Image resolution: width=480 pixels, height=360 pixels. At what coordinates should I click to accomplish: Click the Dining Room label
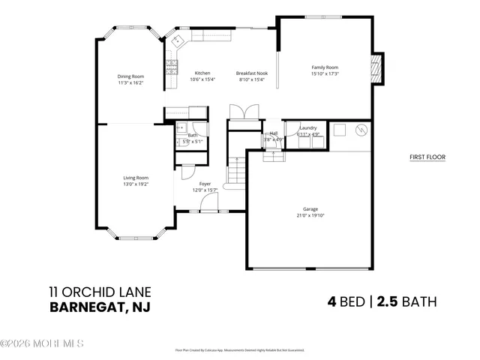[x=130, y=76]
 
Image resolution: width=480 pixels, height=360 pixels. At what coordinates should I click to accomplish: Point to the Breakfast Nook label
[x=251, y=73]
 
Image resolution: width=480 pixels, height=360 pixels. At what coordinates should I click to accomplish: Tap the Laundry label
[x=307, y=128]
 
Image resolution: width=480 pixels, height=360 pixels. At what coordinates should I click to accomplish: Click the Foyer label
[x=205, y=184]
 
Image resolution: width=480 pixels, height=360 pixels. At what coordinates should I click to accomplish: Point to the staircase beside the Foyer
[x=237, y=172]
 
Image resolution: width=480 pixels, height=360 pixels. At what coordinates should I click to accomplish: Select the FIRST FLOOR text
[x=427, y=157]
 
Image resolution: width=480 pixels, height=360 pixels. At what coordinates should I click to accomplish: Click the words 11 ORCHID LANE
[x=100, y=292]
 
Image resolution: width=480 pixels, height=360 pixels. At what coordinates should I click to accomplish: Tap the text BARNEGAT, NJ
[x=98, y=307]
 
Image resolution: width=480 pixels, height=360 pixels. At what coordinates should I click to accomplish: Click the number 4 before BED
[x=331, y=302]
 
